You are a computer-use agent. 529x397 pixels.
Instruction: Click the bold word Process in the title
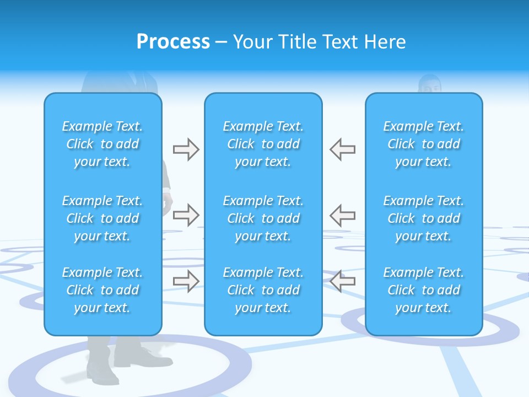coord(173,42)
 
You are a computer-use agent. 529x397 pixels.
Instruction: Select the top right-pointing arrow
coord(186,149)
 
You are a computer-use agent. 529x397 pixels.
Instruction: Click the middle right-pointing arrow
coord(186,215)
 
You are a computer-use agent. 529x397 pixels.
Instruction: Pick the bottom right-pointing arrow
coord(186,281)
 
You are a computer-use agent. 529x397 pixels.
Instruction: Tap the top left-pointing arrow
coord(342,149)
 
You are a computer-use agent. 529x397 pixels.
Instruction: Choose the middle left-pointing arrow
coord(342,215)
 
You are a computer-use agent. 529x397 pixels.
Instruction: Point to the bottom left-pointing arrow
coord(342,281)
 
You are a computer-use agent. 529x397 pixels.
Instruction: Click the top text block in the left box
coord(102,144)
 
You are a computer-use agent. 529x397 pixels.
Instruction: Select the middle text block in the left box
coord(102,218)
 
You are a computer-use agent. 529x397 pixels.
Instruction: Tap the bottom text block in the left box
coord(102,290)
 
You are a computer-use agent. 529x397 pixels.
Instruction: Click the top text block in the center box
coord(263,144)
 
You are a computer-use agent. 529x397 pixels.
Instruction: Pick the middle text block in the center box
coord(263,218)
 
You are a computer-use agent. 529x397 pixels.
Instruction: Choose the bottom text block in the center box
coord(263,290)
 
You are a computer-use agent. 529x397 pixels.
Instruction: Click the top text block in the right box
coord(424,144)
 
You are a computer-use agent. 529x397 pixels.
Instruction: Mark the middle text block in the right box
coord(424,218)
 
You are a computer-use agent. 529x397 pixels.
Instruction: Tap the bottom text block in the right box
coord(424,290)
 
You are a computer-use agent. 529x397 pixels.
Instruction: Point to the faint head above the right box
coord(430,84)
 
